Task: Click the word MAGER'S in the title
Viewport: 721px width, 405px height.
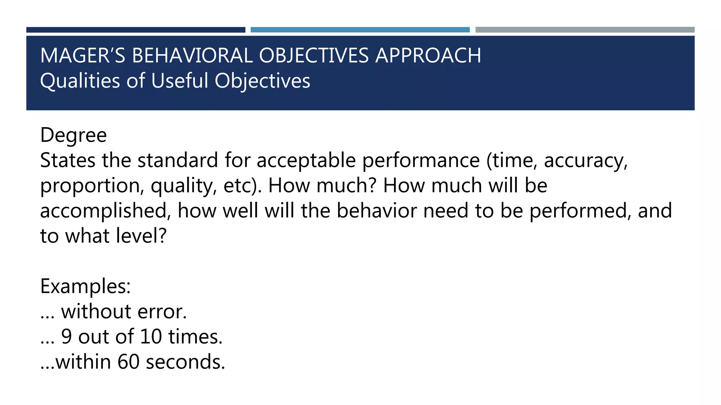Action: [83, 56]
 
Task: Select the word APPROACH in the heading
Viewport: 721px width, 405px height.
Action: [428, 56]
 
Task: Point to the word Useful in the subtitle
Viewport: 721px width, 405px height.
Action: [180, 81]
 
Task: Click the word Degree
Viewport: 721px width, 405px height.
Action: [74, 135]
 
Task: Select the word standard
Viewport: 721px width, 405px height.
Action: [177, 160]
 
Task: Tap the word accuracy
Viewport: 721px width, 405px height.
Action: [585, 161]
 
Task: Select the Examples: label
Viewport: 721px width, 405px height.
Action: [86, 287]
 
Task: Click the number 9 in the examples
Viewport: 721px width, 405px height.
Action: [67, 337]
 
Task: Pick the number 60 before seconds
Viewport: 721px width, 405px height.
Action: [128, 362]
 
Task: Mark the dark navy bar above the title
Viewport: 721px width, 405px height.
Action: [136, 30]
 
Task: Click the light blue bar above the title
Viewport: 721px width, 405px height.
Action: [360, 30]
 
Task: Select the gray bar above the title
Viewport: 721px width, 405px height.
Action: [585, 30]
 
